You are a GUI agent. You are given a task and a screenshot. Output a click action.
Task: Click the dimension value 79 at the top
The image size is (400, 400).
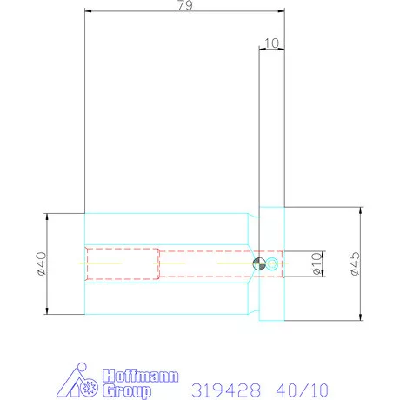coord(185,5)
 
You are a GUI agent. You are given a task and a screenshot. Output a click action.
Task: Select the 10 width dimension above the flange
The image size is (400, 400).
coord(272,43)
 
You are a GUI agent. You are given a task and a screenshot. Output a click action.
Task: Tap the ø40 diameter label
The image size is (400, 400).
coord(42,263)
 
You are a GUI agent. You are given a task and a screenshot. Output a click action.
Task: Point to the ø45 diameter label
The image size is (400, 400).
coord(355,263)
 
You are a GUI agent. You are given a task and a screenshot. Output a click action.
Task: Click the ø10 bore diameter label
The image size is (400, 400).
coord(317,263)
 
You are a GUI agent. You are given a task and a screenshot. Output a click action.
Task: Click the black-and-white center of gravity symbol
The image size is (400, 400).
coord(259,263)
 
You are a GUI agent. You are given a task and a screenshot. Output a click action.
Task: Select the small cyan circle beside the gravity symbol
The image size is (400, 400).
coord(272,263)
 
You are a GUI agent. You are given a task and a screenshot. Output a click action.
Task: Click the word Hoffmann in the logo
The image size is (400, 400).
coord(141,376)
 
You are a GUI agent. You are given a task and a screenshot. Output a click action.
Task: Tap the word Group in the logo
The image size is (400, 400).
coord(127,391)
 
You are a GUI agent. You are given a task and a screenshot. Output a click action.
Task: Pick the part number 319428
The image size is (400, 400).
coord(226,390)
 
